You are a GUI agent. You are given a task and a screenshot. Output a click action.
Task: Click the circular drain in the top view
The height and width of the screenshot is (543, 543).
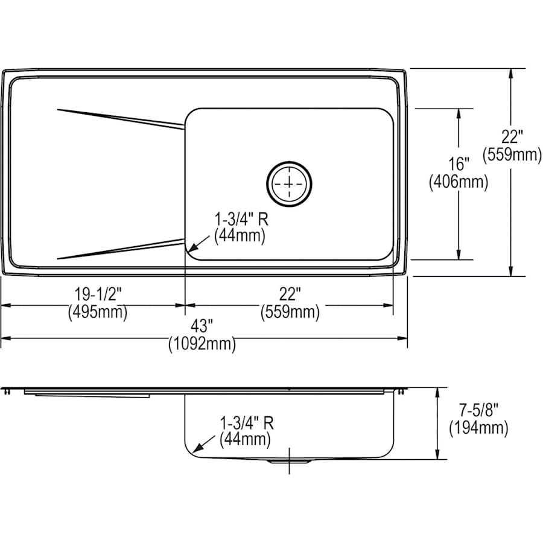290,182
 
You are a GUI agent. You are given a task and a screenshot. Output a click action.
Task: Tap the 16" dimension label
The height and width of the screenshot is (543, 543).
459,164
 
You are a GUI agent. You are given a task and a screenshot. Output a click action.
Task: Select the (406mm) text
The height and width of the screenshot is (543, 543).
459,181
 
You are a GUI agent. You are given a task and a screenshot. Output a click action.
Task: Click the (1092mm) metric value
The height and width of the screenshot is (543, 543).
202,345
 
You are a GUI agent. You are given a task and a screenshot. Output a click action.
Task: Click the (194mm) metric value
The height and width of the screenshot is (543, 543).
478,428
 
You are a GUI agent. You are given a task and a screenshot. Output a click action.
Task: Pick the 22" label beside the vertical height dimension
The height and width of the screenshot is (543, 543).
512,137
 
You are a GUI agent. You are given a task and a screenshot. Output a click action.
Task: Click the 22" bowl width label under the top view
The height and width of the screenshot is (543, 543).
290,294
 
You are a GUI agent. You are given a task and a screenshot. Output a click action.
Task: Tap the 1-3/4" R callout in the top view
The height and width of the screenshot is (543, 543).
240,218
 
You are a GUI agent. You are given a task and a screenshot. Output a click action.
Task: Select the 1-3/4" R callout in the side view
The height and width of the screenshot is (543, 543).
246,422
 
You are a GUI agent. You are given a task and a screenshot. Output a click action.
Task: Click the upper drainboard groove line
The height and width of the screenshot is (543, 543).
121,118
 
